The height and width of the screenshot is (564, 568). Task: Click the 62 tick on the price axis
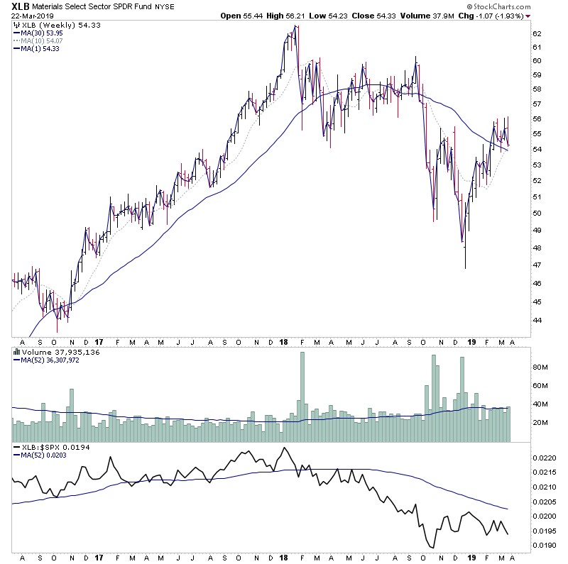click(x=537, y=33)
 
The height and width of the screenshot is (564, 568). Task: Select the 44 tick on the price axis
click(x=537, y=320)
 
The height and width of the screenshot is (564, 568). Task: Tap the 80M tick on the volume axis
click(x=541, y=367)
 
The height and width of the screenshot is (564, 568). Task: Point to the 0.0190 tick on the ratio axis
click(x=545, y=546)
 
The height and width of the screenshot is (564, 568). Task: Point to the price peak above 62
click(x=295, y=26)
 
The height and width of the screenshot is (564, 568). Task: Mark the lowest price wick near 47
click(x=465, y=267)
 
